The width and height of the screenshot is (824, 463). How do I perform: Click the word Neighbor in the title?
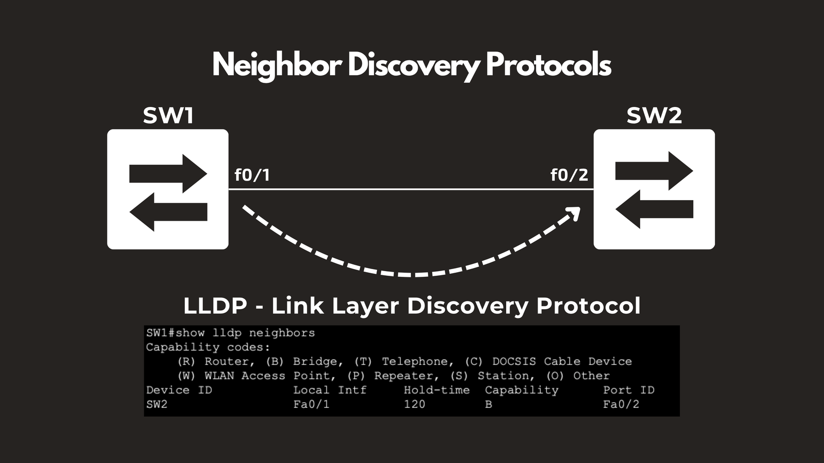[x=277, y=66]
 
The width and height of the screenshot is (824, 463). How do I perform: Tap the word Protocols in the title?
[x=548, y=65]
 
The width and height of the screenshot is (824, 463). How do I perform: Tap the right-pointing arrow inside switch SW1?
[x=168, y=174]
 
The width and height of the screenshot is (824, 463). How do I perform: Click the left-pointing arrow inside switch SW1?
[x=168, y=212]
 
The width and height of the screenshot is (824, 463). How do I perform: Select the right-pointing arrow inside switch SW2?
[x=654, y=171]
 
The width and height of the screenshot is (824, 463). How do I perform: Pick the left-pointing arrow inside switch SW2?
[x=654, y=209]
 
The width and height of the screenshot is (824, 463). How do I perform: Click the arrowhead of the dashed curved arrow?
[x=574, y=213]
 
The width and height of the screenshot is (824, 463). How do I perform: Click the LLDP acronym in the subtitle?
[x=215, y=306]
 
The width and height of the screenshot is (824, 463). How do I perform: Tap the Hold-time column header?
[x=437, y=390]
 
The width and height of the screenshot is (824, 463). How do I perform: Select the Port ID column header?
[x=629, y=390]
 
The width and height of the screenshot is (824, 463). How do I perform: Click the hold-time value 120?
[x=415, y=404]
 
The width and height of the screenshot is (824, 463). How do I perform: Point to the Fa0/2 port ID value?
[x=621, y=404]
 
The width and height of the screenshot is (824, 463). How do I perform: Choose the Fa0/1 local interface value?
[x=311, y=404]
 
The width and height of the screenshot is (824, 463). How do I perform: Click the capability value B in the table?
[x=489, y=404]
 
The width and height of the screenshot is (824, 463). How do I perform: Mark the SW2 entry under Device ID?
[x=157, y=404]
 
